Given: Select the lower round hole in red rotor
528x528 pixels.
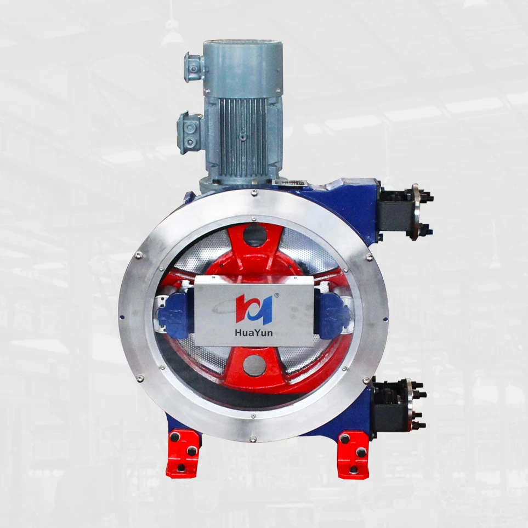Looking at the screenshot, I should click(254, 365).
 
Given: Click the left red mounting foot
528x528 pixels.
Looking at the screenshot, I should click(183, 453).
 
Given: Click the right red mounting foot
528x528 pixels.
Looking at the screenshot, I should click(353, 453).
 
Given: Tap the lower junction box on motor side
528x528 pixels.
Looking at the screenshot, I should click(190, 133).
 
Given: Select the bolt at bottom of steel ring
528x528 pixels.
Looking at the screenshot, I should click(253, 438).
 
